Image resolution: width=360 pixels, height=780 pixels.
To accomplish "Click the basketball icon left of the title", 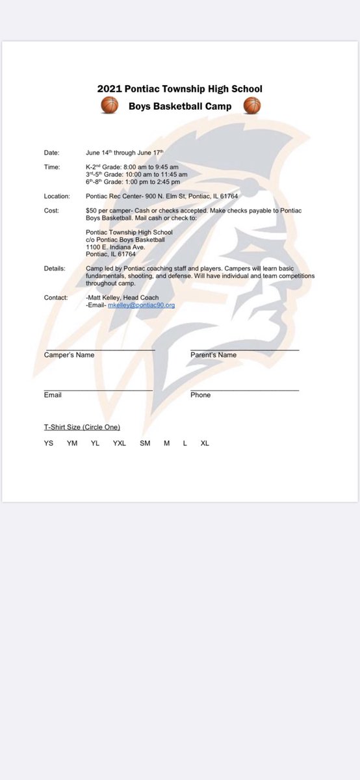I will tap(109, 105).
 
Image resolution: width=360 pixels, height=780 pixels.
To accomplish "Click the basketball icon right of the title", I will tap(251, 105).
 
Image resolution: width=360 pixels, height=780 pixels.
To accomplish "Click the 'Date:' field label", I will tap(51, 153).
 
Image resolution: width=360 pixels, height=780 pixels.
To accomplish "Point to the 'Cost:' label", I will tap(51, 211).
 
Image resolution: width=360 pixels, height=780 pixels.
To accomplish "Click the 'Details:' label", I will tap(55, 267).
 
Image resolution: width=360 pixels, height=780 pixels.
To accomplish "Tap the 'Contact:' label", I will tap(56, 297).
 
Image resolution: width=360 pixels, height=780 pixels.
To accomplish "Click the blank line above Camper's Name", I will tap(99, 350).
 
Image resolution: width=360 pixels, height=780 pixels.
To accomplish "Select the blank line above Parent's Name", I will tap(245, 350).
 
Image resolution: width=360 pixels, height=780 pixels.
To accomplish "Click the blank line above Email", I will tap(98, 390).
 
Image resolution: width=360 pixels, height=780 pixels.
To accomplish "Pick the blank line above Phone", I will tap(245, 390).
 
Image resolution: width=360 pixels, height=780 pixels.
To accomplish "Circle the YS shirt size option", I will tap(49, 443).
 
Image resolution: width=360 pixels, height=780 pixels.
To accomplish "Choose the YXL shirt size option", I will tap(119, 443).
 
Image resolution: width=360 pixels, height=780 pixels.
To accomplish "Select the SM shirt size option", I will tap(145, 443).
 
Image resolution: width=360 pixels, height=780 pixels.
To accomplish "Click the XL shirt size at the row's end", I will tap(205, 443).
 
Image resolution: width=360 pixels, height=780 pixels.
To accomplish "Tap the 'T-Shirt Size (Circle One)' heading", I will tap(82, 427).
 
